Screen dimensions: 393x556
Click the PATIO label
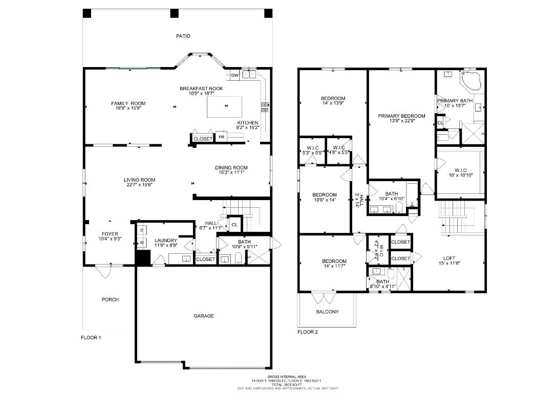[183, 36]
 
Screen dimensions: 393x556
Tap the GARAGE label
[203, 316]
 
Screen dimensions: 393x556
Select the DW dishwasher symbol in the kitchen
[234, 76]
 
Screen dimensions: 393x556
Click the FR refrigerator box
[222, 138]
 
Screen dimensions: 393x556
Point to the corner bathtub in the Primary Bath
[471, 81]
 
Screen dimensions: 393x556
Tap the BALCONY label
[327, 312]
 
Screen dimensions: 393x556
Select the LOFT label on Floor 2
[449, 258]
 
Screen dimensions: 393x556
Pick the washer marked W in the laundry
[142, 243]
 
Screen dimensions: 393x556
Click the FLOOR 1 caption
[92, 338]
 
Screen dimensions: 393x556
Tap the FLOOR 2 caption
[308, 332]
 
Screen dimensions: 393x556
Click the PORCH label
[110, 300]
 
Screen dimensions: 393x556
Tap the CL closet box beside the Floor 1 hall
[234, 225]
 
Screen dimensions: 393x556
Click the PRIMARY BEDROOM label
[401, 116]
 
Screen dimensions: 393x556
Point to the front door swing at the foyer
[105, 271]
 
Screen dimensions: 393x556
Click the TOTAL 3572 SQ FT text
[287, 384]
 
